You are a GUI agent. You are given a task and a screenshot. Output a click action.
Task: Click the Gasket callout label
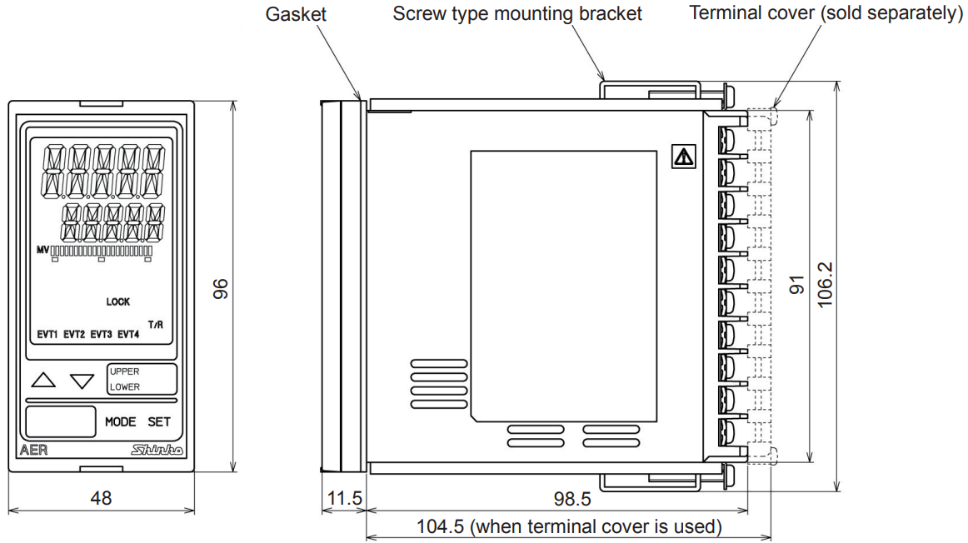click(x=297, y=14)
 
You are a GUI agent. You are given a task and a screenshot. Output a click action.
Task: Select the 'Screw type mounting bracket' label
click(x=517, y=14)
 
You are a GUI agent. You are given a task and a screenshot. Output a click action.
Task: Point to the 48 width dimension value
click(x=101, y=498)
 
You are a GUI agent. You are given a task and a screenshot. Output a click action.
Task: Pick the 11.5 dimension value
click(x=344, y=499)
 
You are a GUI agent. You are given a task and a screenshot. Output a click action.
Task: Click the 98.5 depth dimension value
click(x=572, y=499)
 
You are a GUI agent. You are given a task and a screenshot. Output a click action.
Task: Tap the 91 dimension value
click(x=796, y=286)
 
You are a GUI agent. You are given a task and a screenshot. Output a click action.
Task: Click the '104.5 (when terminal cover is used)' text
click(x=569, y=526)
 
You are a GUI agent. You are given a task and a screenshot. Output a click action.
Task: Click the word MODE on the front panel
click(x=121, y=422)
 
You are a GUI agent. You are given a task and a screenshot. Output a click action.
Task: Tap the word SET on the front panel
click(x=159, y=422)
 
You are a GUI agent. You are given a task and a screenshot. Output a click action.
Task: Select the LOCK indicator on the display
click(x=118, y=302)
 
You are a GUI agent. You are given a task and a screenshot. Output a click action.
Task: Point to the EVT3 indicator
click(x=101, y=335)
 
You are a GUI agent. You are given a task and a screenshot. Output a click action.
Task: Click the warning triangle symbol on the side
click(x=683, y=156)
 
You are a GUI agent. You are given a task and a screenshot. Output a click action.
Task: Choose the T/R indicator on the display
click(x=155, y=324)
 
